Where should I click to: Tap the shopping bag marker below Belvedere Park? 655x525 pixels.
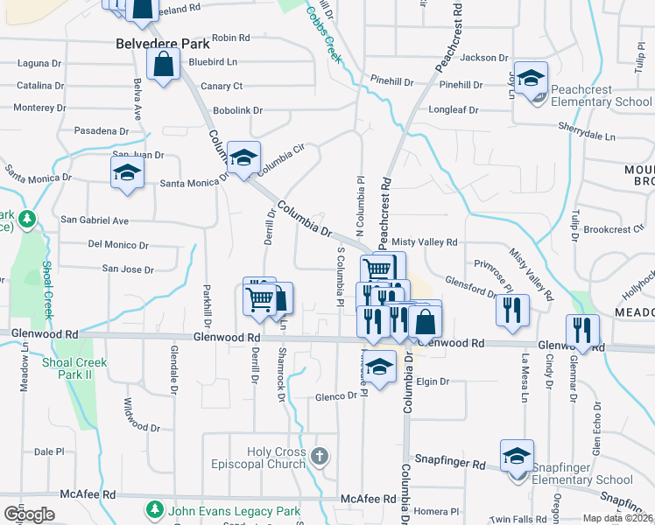point(164,65)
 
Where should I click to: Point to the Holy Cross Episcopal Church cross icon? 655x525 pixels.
point(320,455)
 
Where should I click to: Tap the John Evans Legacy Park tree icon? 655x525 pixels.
point(155,508)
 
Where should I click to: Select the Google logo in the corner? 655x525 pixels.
point(29,514)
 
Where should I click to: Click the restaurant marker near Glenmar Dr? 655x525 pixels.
point(582,331)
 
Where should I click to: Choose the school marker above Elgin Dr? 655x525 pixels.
point(379,367)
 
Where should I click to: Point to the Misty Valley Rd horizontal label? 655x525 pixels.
point(425,241)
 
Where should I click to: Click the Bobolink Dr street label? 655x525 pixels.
point(238,110)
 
